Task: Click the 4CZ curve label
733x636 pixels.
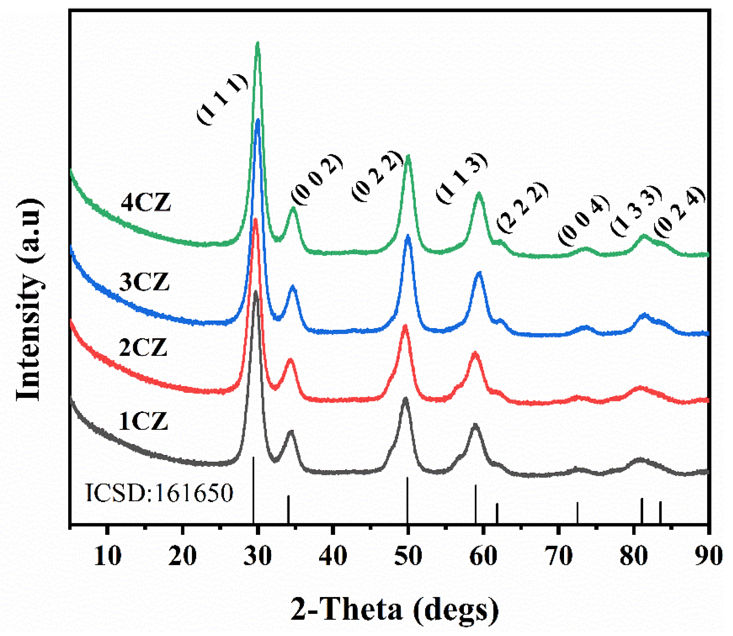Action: (x=145, y=203)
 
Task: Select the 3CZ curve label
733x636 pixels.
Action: (x=144, y=282)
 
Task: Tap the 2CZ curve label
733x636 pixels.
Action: (x=143, y=348)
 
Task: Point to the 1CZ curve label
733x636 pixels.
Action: (x=143, y=422)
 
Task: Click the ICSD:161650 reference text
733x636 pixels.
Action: (x=159, y=493)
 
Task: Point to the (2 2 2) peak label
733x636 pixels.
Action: (x=522, y=207)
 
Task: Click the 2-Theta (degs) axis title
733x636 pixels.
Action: (x=394, y=610)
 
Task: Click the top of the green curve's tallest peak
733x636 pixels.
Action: (x=258, y=44)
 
